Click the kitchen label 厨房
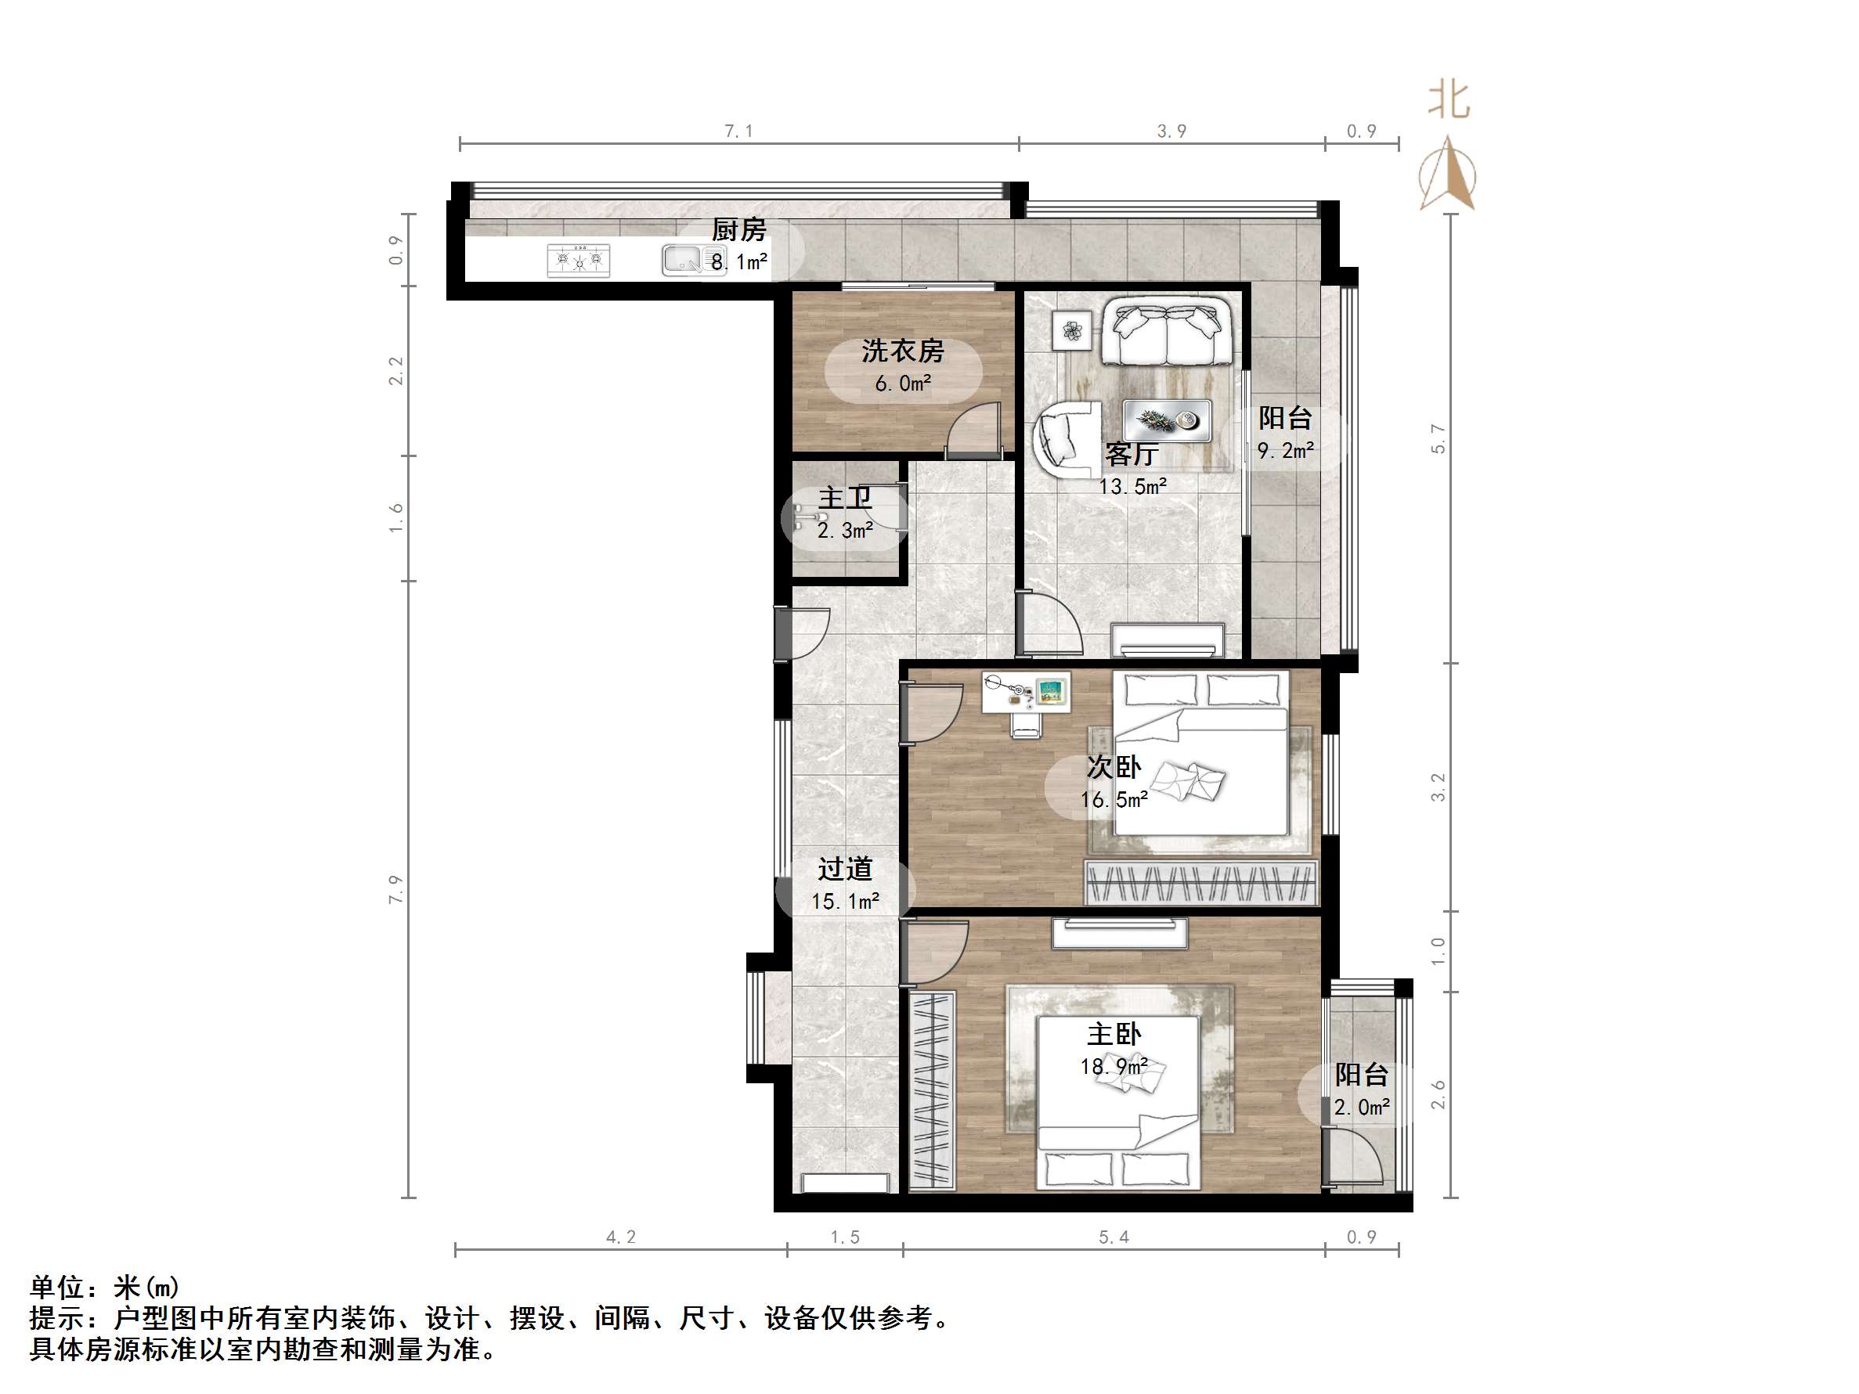pos(738,230)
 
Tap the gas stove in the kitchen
pos(578,261)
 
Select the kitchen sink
pos(682,261)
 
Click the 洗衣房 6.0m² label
pos(903,367)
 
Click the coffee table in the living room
pos(1168,420)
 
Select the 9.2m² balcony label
pos(1285,434)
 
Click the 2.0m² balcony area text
pos(1362,1108)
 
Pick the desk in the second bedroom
pos(1026,693)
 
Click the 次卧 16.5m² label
pos(1114,782)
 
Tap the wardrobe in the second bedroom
pos(1201,883)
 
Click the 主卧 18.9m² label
pos(1114,1050)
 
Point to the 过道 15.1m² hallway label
pos(845,884)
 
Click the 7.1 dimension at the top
pos(738,131)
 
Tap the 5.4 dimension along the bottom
pos(1114,1237)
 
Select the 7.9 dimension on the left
pos(395,889)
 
